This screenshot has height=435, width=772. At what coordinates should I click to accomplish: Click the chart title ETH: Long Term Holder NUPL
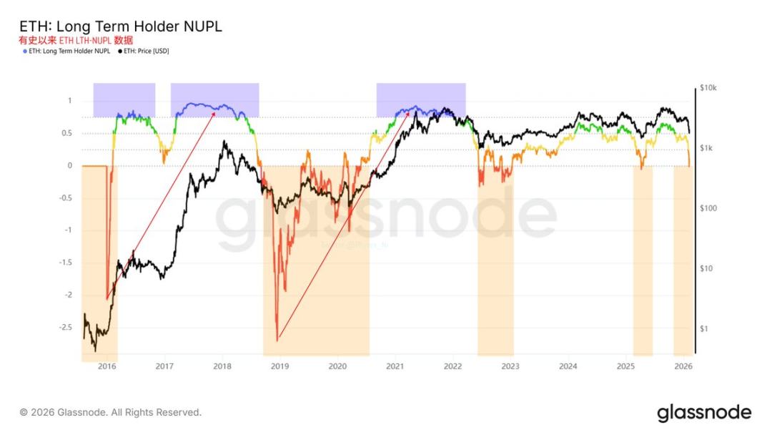(121, 26)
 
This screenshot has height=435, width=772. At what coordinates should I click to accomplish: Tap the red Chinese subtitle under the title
(76, 40)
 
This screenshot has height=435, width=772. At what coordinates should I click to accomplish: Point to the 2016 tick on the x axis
(107, 366)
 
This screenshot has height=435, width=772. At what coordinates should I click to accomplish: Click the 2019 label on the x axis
(279, 366)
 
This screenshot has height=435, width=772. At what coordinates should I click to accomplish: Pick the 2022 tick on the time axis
(452, 366)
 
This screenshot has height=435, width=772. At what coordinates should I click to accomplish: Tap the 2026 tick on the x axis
(683, 366)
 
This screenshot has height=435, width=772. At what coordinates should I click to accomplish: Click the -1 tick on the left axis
(68, 230)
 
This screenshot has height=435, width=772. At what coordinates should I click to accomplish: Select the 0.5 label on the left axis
(66, 133)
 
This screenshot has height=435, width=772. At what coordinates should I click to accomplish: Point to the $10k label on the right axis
(708, 88)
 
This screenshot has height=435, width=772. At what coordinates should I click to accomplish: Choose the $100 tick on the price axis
(708, 208)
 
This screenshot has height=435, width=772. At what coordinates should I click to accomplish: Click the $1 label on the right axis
(705, 328)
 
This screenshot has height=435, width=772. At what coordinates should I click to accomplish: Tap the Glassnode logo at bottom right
(704, 413)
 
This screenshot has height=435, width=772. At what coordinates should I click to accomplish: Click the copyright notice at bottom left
(110, 413)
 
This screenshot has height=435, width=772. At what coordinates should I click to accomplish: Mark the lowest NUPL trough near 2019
(277, 340)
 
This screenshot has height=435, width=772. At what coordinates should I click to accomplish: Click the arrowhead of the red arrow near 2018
(217, 110)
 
